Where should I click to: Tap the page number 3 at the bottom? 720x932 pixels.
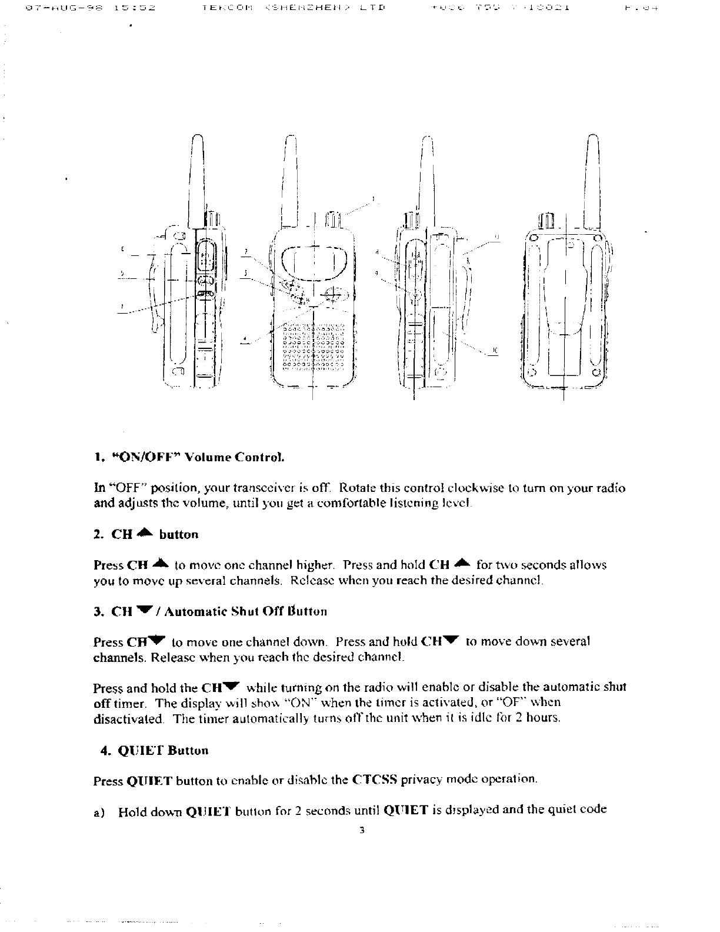tap(362, 831)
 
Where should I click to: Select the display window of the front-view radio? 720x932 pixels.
tap(313, 260)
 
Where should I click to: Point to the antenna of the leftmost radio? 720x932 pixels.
tap(196, 177)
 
